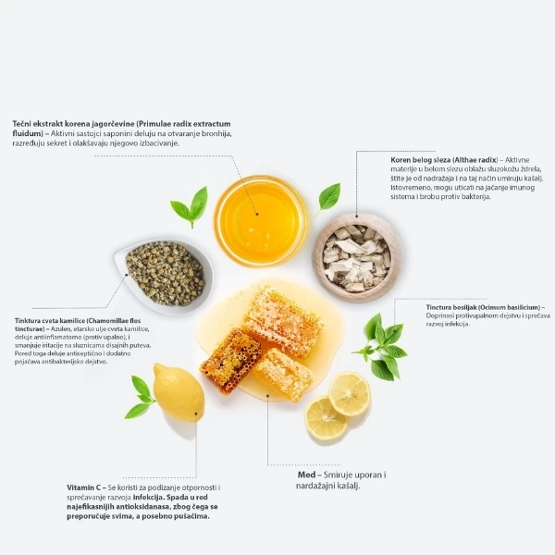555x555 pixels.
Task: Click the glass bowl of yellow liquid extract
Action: [x=261, y=221]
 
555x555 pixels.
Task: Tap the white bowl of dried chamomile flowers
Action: [x=165, y=275]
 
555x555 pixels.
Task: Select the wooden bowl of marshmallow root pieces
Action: [x=357, y=258]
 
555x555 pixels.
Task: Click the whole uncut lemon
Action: [x=179, y=392]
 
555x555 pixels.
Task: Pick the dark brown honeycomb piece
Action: [x=230, y=361]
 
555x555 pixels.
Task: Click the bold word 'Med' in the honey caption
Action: [x=306, y=475]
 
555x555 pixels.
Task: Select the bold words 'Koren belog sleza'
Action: [x=421, y=160]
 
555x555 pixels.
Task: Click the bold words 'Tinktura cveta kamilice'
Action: [x=50, y=321]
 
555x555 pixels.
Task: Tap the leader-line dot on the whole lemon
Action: [x=196, y=413]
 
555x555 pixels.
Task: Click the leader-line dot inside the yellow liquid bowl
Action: [x=257, y=214]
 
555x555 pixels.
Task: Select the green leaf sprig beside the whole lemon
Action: [x=140, y=397]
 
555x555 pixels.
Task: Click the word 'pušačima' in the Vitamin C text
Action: [x=193, y=516]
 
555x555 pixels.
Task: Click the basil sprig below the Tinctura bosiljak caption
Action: [x=380, y=347]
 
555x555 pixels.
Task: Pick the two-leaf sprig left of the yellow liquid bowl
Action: [x=190, y=207]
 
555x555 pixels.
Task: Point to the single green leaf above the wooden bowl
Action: [x=328, y=198]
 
